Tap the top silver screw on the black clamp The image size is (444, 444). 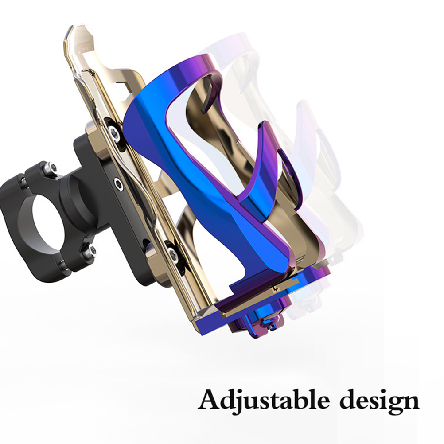pyautogui.click(x=52, y=167)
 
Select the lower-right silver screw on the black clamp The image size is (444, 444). pyautogui.click(x=92, y=249)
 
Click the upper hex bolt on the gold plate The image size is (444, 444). pyautogui.click(x=113, y=132)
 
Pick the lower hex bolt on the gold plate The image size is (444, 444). pyautogui.click(x=172, y=254)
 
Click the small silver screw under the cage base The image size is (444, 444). pyautogui.click(x=272, y=327)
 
